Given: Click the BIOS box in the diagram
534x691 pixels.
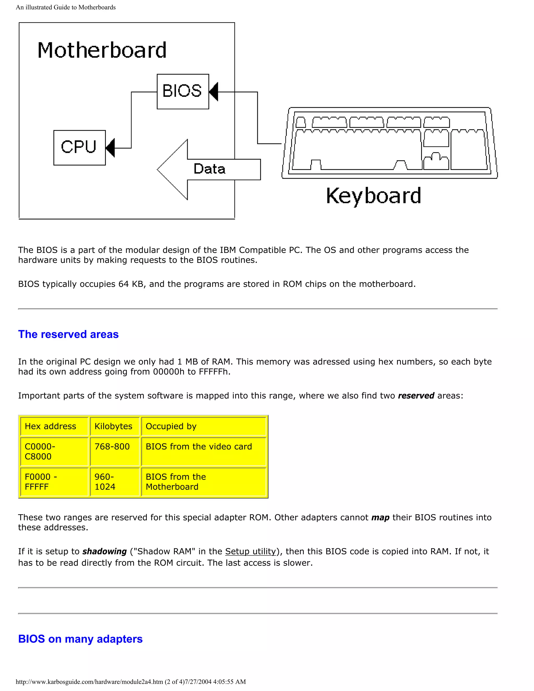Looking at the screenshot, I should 183,92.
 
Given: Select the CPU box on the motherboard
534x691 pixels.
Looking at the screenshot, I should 80,147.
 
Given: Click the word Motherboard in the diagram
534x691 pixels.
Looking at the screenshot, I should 102,50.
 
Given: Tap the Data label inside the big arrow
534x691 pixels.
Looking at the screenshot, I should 209,169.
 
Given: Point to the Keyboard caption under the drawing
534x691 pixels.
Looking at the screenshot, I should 373,196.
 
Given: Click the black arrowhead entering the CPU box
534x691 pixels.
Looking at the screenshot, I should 110,148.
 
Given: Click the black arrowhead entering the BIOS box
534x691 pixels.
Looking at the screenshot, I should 214,92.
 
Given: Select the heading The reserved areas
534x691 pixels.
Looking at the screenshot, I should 68,335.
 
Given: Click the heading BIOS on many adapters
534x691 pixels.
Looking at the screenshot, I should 80,639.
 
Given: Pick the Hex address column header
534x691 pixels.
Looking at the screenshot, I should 51,427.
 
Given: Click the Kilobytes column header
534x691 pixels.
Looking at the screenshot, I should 113,427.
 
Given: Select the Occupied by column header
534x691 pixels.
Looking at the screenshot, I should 171,427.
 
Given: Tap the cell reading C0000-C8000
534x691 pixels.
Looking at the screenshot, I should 40,451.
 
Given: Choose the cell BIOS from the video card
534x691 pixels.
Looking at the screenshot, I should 199,447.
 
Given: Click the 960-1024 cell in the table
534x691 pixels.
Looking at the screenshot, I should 105,482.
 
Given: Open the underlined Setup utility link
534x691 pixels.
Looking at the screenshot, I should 251,551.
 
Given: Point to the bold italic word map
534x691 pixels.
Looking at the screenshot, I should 380,518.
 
